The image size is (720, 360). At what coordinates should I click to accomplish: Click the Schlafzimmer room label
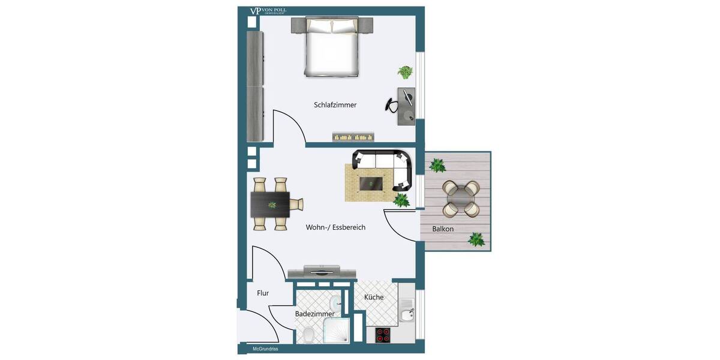tap(335, 105)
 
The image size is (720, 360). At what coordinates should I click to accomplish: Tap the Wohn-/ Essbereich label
tap(335, 227)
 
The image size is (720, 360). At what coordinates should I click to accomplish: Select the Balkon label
tap(443, 229)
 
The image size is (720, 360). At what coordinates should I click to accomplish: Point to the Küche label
tap(373, 297)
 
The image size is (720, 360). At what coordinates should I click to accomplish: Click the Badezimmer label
tap(314, 314)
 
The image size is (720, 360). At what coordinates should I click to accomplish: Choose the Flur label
tap(263, 293)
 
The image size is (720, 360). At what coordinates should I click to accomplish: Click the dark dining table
tap(271, 205)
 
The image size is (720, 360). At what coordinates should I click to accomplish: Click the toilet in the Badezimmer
tap(308, 335)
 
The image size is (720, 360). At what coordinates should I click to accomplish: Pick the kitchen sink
tap(409, 313)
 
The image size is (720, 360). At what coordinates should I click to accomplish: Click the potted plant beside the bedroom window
tap(405, 73)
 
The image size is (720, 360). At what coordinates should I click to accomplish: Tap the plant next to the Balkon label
tap(476, 240)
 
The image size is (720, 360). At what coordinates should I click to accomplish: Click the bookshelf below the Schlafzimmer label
tap(353, 137)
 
